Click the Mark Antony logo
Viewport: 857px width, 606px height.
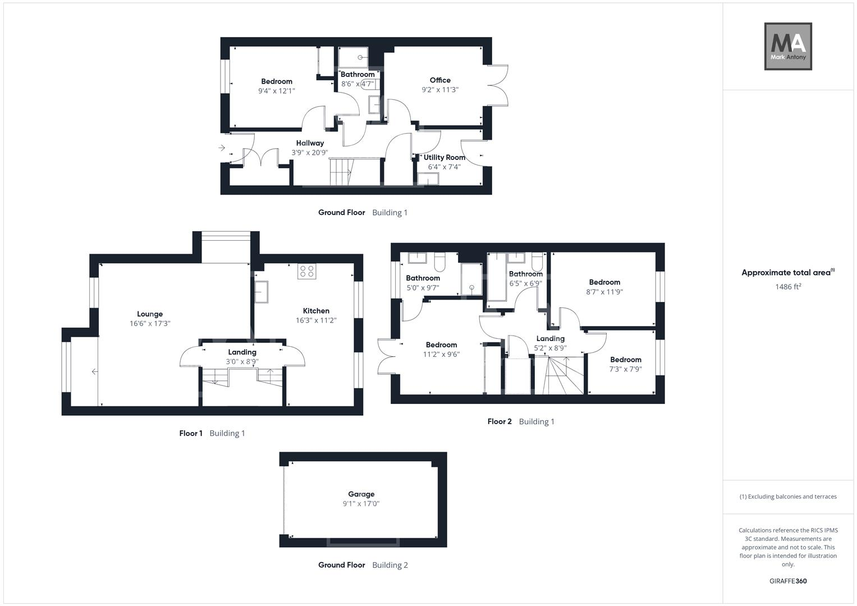788,47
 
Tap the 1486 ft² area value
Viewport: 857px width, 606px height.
788,287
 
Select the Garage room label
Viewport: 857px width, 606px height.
361,494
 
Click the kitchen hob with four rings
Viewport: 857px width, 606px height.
307,272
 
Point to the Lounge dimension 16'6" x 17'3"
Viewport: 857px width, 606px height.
150,324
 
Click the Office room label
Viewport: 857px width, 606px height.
440,80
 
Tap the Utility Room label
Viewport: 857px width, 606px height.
444,158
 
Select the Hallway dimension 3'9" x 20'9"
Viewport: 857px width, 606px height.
310,153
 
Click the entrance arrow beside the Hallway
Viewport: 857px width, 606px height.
222,148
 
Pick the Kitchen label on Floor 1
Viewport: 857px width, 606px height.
316,311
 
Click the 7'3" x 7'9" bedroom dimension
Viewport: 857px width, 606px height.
626,369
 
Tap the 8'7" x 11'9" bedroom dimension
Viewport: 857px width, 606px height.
604,292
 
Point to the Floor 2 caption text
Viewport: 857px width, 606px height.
499,421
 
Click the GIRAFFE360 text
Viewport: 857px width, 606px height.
788,581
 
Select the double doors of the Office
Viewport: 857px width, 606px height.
498,85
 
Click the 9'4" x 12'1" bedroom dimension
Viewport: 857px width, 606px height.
277,91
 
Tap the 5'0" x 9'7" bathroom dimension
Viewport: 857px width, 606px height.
423,288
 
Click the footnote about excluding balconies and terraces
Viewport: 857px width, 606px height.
788,497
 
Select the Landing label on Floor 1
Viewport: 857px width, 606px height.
242,352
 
